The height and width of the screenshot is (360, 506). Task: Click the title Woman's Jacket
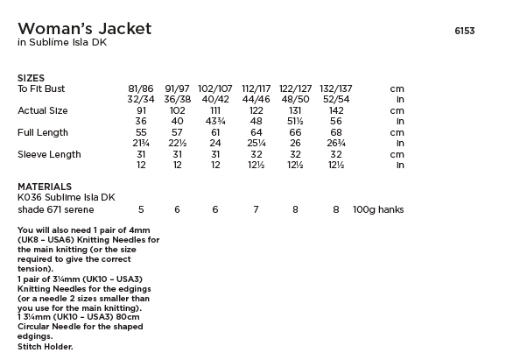[x=84, y=29]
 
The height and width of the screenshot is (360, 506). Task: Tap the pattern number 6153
[x=465, y=31]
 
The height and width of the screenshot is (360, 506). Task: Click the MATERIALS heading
[x=45, y=187]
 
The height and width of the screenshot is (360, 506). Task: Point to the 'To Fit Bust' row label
[x=41, y=89]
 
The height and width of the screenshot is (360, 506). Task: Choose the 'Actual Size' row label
[x=43, y=111]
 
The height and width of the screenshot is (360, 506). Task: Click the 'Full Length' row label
[x=43, y=133]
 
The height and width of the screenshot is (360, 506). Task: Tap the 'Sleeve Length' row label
[x=49, y=155]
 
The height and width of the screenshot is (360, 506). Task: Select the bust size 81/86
[x=141, y=89]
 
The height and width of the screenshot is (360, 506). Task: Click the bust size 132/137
[x=336, y=89]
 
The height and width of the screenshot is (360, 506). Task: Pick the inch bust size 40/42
[x=215, y=100]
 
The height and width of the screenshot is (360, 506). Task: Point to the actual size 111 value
[x=215, y=111]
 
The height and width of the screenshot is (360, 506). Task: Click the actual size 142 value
[x=336, y=111]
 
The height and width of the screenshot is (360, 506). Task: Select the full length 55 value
[x=141, y=133]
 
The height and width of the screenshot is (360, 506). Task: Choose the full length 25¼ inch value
[x=257, y=144]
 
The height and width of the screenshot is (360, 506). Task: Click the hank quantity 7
[x=257, y=210]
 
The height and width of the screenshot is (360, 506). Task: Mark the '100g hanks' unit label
[x=379, y=210]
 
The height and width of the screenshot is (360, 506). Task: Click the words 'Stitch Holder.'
[x=45, y=347]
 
